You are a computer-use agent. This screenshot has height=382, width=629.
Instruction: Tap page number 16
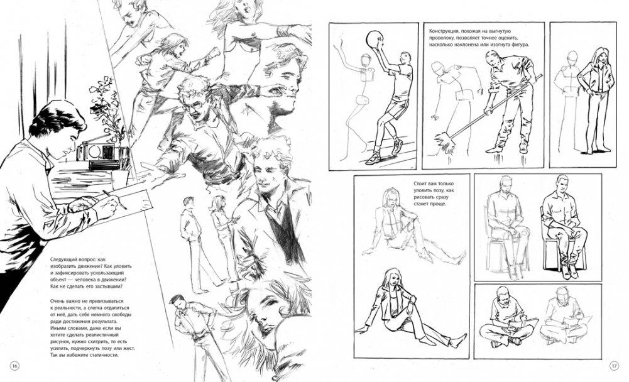(14, 366)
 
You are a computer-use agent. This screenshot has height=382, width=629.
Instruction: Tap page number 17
(615, 366)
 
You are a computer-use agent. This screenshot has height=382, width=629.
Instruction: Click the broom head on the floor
(445, 141)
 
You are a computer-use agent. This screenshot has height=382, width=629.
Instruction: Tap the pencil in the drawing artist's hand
(115, 199)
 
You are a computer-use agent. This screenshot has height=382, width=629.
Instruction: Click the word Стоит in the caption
(420, 184)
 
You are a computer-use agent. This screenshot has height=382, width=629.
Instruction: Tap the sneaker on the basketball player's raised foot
(397, 146)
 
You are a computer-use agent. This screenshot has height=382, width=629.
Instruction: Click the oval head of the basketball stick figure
(366, 60)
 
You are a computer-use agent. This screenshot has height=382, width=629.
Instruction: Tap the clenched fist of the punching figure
(216, 52)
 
